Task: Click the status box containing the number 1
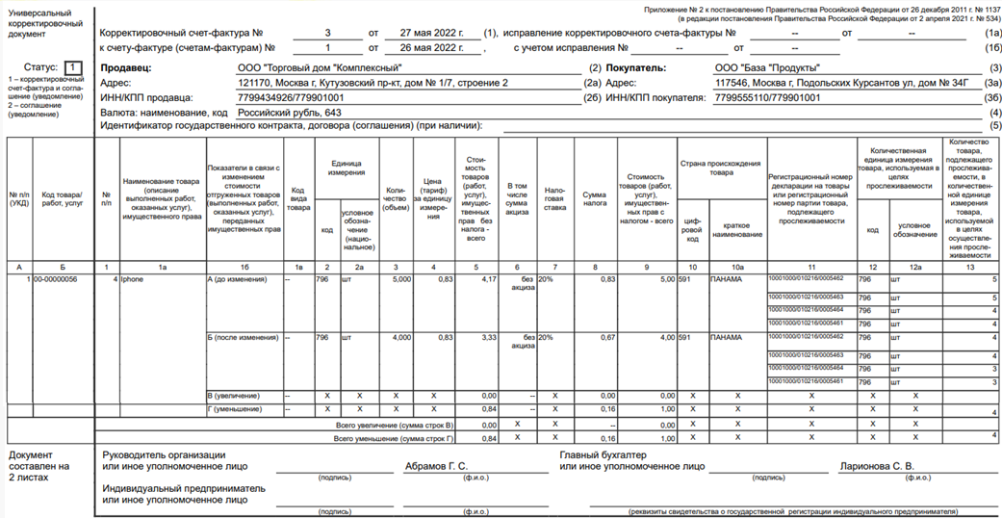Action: click(x=73, y=67)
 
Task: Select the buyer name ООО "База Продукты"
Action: click(x=766, y=68)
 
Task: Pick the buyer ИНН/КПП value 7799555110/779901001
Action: click(x=769, y=98)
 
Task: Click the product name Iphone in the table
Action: click(x=131, y=279)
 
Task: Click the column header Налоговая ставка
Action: click(x=554, y=197)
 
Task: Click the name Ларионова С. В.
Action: click(x=876, y=467)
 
